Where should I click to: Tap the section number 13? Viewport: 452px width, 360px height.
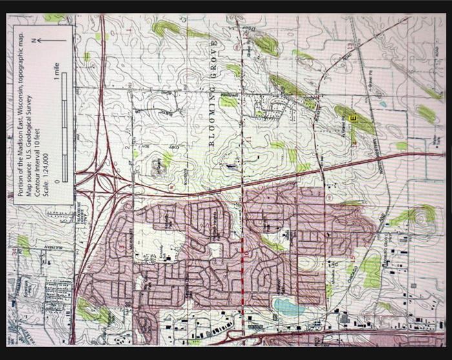[349, 46]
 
